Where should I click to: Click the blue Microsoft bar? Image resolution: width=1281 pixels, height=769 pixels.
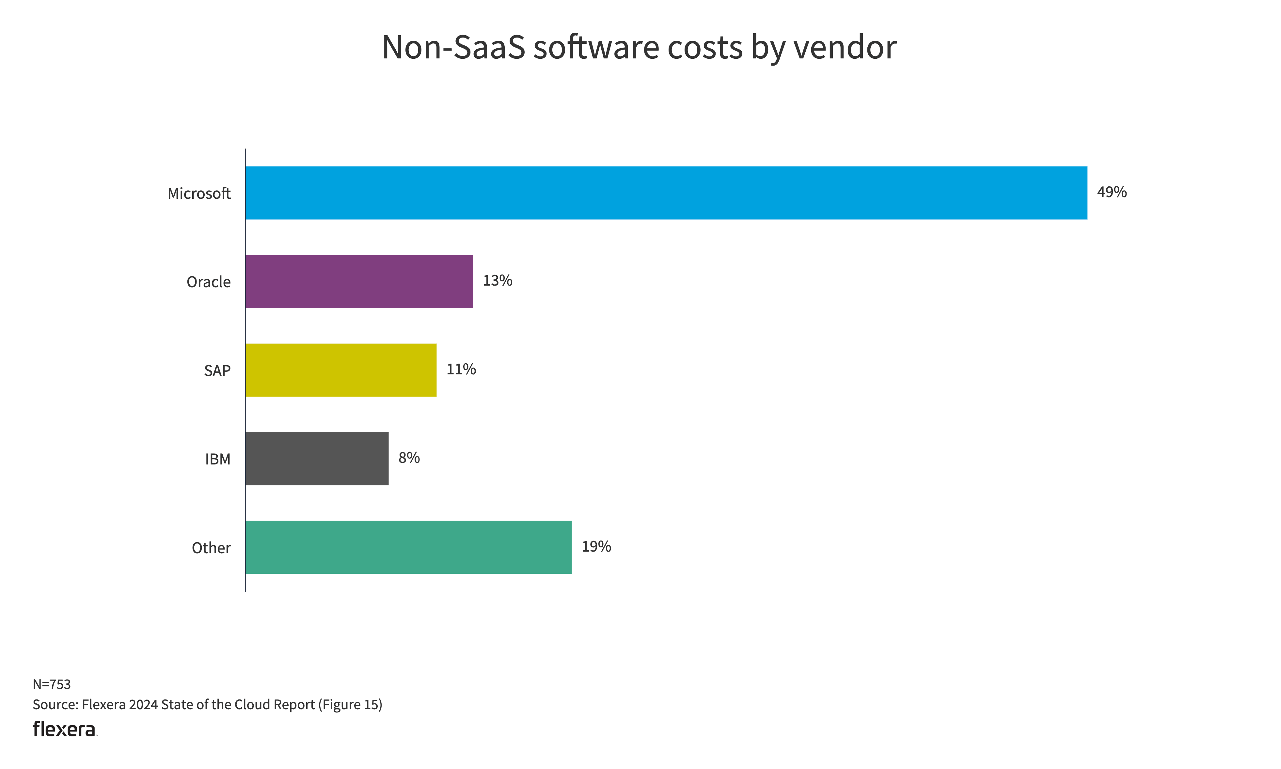click(666, 193)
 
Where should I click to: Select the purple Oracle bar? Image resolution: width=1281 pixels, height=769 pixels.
click(359, 281)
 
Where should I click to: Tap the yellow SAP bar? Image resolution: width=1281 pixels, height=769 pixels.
click(341, 370)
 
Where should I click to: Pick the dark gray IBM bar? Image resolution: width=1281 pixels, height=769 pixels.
click(317, 459)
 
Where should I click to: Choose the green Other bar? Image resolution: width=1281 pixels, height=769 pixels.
click(408, 547)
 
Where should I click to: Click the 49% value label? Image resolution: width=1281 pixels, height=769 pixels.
click(1112, 192)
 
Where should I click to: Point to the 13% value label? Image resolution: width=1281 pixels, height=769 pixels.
click(498, 281)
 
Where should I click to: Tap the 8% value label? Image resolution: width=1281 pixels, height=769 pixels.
click(409, 458)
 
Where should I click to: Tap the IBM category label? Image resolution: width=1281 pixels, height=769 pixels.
click(218, 460)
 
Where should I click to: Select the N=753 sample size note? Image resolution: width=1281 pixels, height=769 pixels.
click(52, 684)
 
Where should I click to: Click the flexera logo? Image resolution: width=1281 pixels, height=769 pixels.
click(65, 729)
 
